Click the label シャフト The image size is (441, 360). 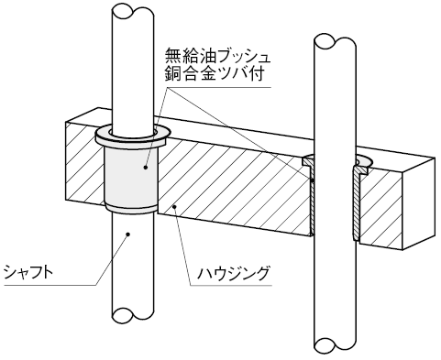[x=28, y=272]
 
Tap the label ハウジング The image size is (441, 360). [x=234, y=273]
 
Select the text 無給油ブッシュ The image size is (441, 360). [x=217, y=56]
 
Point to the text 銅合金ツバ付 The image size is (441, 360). [x=214, y=73]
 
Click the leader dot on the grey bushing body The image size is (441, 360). [x=146, y=167]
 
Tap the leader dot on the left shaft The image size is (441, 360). [x=128, y=235]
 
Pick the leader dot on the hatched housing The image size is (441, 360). [x=174, y=207]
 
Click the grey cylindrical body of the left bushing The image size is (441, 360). [x=131, y=176]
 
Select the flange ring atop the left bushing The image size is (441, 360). [x=132, y=136]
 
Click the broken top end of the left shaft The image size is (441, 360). [x=132, y=12]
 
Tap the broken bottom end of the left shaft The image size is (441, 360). [x=132, y=315]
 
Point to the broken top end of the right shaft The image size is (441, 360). [x=335, y=41]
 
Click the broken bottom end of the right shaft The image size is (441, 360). [x=335, y=345]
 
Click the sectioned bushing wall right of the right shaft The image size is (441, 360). [x=358, y=203]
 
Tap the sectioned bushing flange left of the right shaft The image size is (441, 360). [x=308, y=161]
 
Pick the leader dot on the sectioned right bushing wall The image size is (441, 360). [x=313, y=180]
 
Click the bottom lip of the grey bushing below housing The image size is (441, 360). [x=131, y=209]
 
